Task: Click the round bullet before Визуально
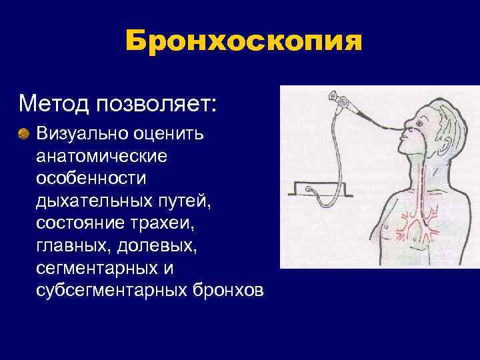click(25, 134)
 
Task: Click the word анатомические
click(103, 157)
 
